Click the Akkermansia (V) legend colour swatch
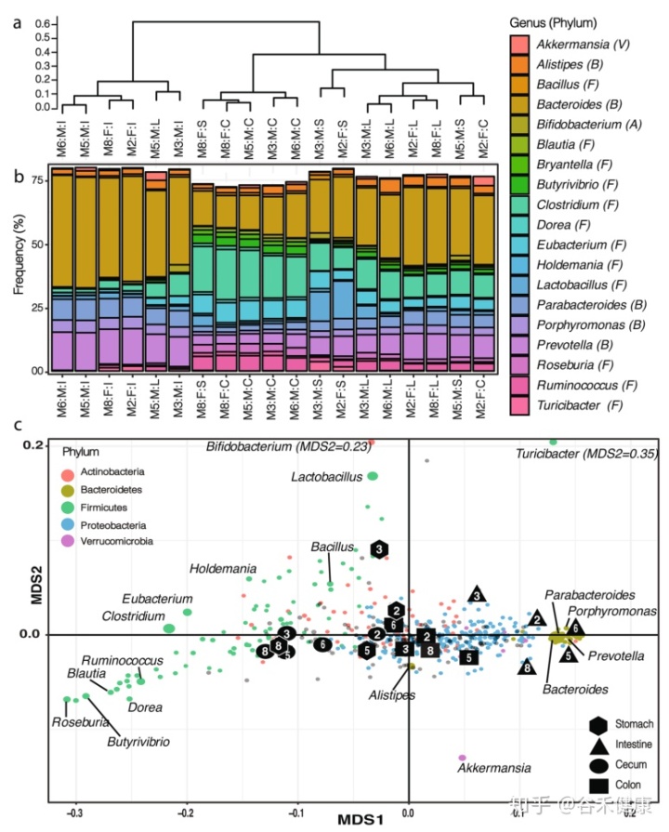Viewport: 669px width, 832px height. (520, 43)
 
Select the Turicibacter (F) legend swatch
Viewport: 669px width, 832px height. (520, 405)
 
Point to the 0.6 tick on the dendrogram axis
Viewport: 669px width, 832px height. (41, 20)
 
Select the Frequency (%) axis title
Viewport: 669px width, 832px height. (19, 268)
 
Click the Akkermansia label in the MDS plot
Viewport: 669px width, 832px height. (494, 768)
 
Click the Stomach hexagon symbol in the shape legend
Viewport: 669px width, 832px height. (597, 723)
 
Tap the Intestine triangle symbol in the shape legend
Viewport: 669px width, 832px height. (597, 745)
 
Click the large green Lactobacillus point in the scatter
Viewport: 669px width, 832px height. (373, 476)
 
